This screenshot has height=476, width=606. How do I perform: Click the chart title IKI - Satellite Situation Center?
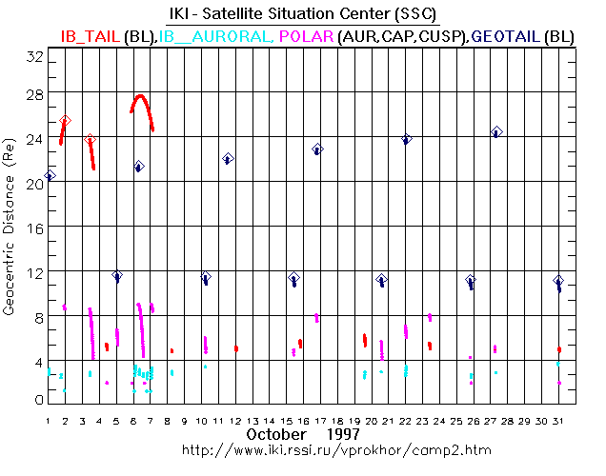(303, 13)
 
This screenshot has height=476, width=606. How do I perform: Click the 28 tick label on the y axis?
(35, 95)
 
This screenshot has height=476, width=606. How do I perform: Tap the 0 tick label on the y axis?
(38, 400)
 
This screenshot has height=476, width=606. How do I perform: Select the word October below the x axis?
(276, 434)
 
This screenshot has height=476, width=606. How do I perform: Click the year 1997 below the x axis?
(341, 434)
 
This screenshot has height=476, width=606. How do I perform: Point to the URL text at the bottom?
(303, 448)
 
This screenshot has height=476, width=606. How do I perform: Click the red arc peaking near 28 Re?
(140, 97)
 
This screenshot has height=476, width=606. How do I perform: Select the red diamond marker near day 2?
(65, 121)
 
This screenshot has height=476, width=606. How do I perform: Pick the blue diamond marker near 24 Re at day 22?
(407, 139)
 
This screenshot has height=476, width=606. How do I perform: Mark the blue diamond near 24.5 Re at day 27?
(495, 131)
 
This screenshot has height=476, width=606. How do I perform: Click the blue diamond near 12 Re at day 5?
(117, 276)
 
